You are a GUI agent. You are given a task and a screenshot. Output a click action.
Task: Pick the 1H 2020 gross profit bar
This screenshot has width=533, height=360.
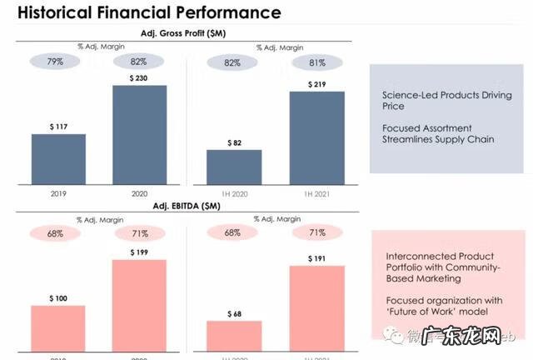[x=234, y=167]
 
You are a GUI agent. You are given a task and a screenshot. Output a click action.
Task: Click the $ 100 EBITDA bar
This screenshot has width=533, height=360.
[x=58, y=332]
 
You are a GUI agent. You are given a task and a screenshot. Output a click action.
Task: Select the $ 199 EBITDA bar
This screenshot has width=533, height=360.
[x=139, y=309]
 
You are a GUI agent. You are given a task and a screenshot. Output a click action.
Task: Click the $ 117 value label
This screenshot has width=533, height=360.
[x=58, y=126]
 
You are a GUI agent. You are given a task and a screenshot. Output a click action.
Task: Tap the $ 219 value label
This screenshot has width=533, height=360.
[x=316, y=84]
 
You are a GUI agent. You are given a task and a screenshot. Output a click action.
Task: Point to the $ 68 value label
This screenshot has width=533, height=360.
[x=234, y=313]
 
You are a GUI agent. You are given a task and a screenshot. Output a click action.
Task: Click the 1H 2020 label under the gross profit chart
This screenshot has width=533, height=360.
[x=233, y=193]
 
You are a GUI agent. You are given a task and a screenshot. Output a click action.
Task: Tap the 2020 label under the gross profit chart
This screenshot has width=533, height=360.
[x=138, y=193]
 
